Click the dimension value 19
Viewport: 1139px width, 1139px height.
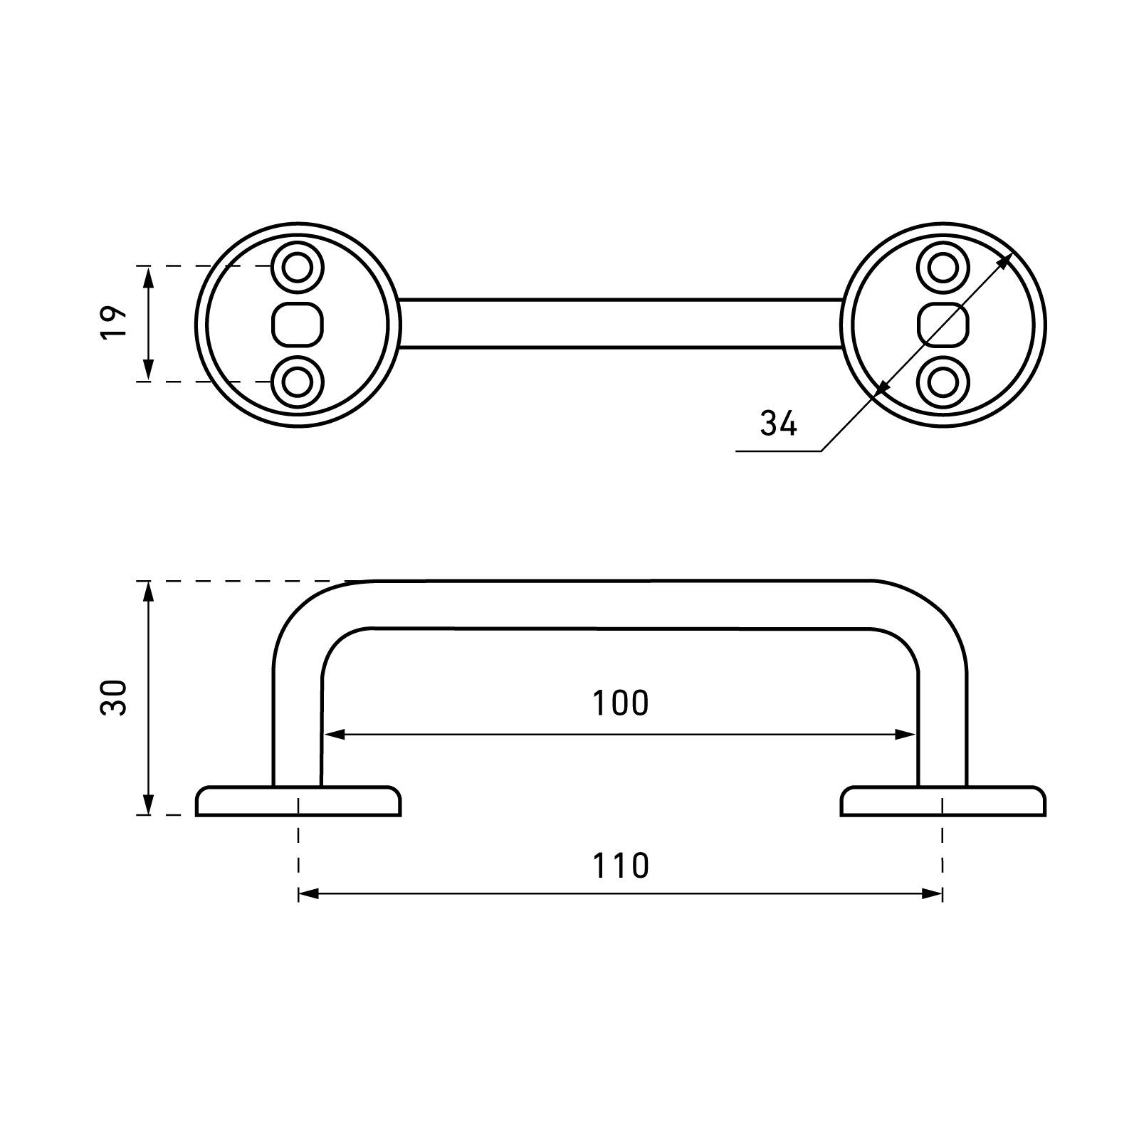pyautogui.click(x=114, y=323)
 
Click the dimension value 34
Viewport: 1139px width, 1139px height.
pyautogui.click(x=778, y=424)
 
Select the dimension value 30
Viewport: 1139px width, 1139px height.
pyautogui.click(x=114, y=698)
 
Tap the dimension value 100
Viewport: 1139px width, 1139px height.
pyautogui.click(x=620, y=703)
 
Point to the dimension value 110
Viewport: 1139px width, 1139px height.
pyautogui.click(x=620, y=866)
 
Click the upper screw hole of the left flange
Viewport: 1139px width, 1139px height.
pyautogui.click(x=298, y=268)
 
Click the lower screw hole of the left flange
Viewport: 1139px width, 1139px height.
pyautogui.click(x=298, y=382)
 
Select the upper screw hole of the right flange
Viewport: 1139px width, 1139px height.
pyautogui.click(x=944, y=268)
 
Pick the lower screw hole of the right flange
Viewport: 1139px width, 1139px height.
pyautogui.click(x=944, y=382)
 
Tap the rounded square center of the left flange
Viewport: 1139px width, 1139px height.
pyautogui.click(x=298, y=325)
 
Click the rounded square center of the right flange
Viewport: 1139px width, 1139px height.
pyautogui.click(x=944, y=325)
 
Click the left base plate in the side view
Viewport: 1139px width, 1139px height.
pyautogui.click(x=298, y=801)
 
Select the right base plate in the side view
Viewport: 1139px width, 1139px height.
pyautogui.click(x=944, y=801)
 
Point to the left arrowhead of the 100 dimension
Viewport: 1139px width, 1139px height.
pyautogui.click(x=335, y=735)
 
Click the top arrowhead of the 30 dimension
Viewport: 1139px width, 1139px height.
pyautogui.click(x=148, y=592)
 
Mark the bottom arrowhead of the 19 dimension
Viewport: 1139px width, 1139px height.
pyautogui.click(x=148, y=371)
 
